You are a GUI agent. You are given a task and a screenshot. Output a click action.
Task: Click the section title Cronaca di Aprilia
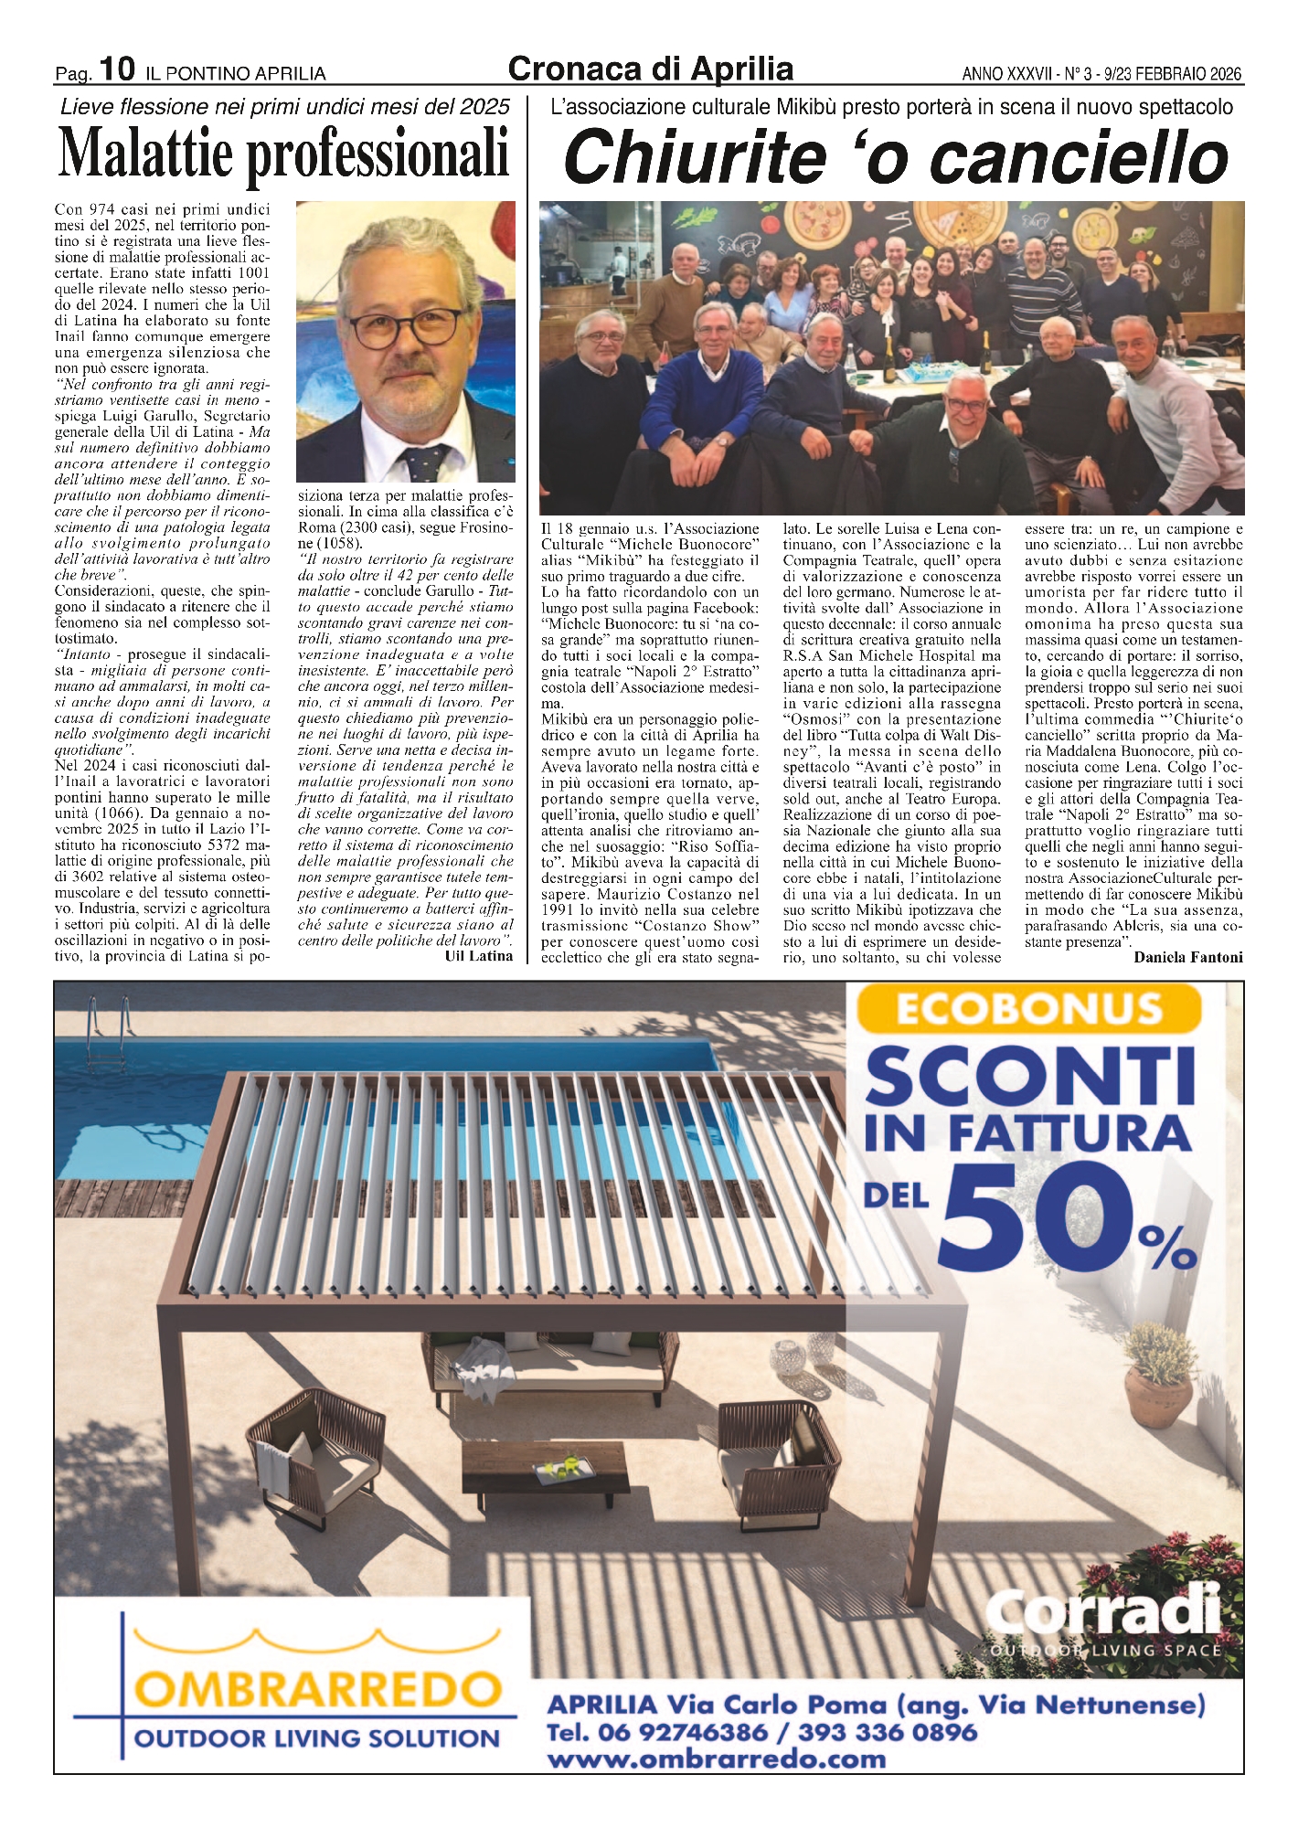pyautogui.click(x=650, y=69)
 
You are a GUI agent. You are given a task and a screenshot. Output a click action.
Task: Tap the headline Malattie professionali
pyautogui.click(x=283, y=153)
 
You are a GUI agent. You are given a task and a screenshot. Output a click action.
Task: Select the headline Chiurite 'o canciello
pyautogui.click(x=896, y=156)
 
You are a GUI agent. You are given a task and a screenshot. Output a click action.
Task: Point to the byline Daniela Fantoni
pyautogui.click(x=1187, y=957)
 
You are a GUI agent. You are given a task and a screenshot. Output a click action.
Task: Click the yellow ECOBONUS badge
pyautogui.click(x=1028, y=1010)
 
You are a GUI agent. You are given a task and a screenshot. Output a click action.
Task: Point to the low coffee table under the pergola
pyautogui.click(x=545, y=1476)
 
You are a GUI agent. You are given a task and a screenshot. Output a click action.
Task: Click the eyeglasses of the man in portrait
pyautogui.click(x=403, y=328)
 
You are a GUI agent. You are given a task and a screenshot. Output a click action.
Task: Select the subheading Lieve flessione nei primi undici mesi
pyautogui.click(x=284, y=107)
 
